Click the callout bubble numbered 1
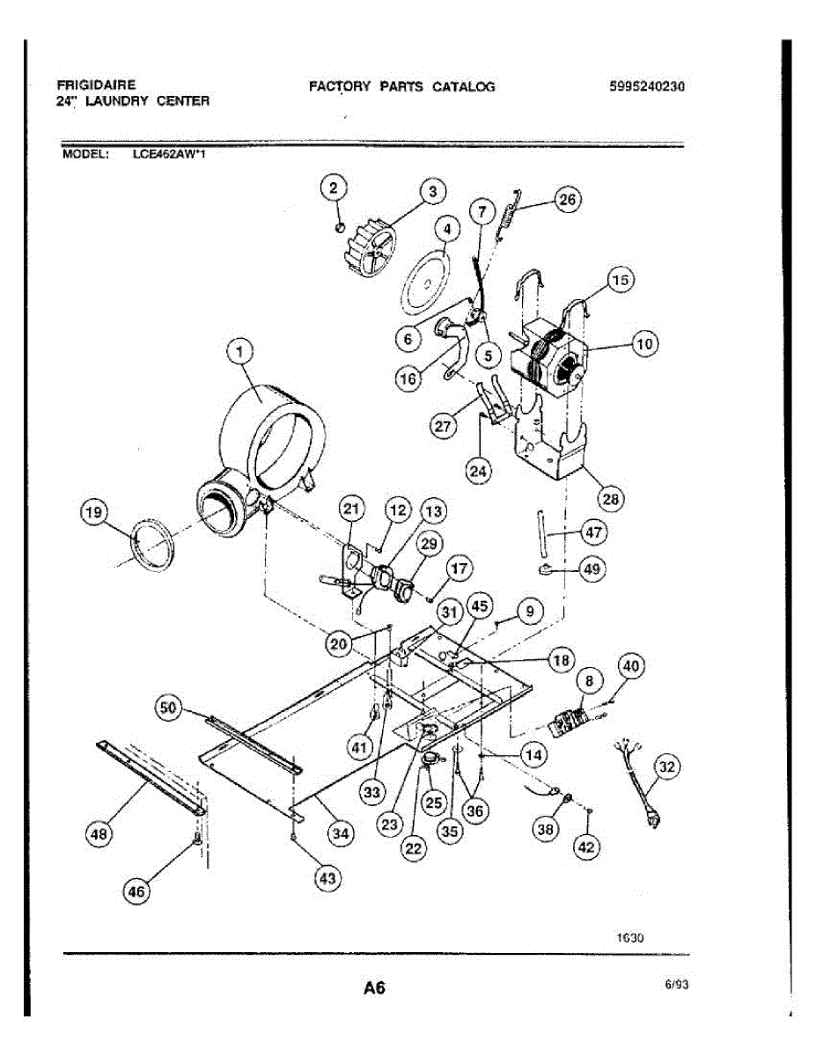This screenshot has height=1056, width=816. (239, 353)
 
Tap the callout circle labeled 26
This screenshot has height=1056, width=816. (567, 201)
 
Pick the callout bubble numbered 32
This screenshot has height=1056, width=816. (667, 767)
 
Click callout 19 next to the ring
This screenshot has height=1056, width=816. (93, 512)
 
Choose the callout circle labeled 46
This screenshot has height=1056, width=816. (136, 891)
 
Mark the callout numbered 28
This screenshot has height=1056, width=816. (609, 499)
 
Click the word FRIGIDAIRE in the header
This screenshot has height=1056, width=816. (96, 85)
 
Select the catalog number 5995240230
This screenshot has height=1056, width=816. (646, 86)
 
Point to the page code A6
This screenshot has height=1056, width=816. (374, 987)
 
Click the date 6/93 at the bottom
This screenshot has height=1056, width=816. (676, 986)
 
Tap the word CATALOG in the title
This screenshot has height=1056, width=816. (463, 86)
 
